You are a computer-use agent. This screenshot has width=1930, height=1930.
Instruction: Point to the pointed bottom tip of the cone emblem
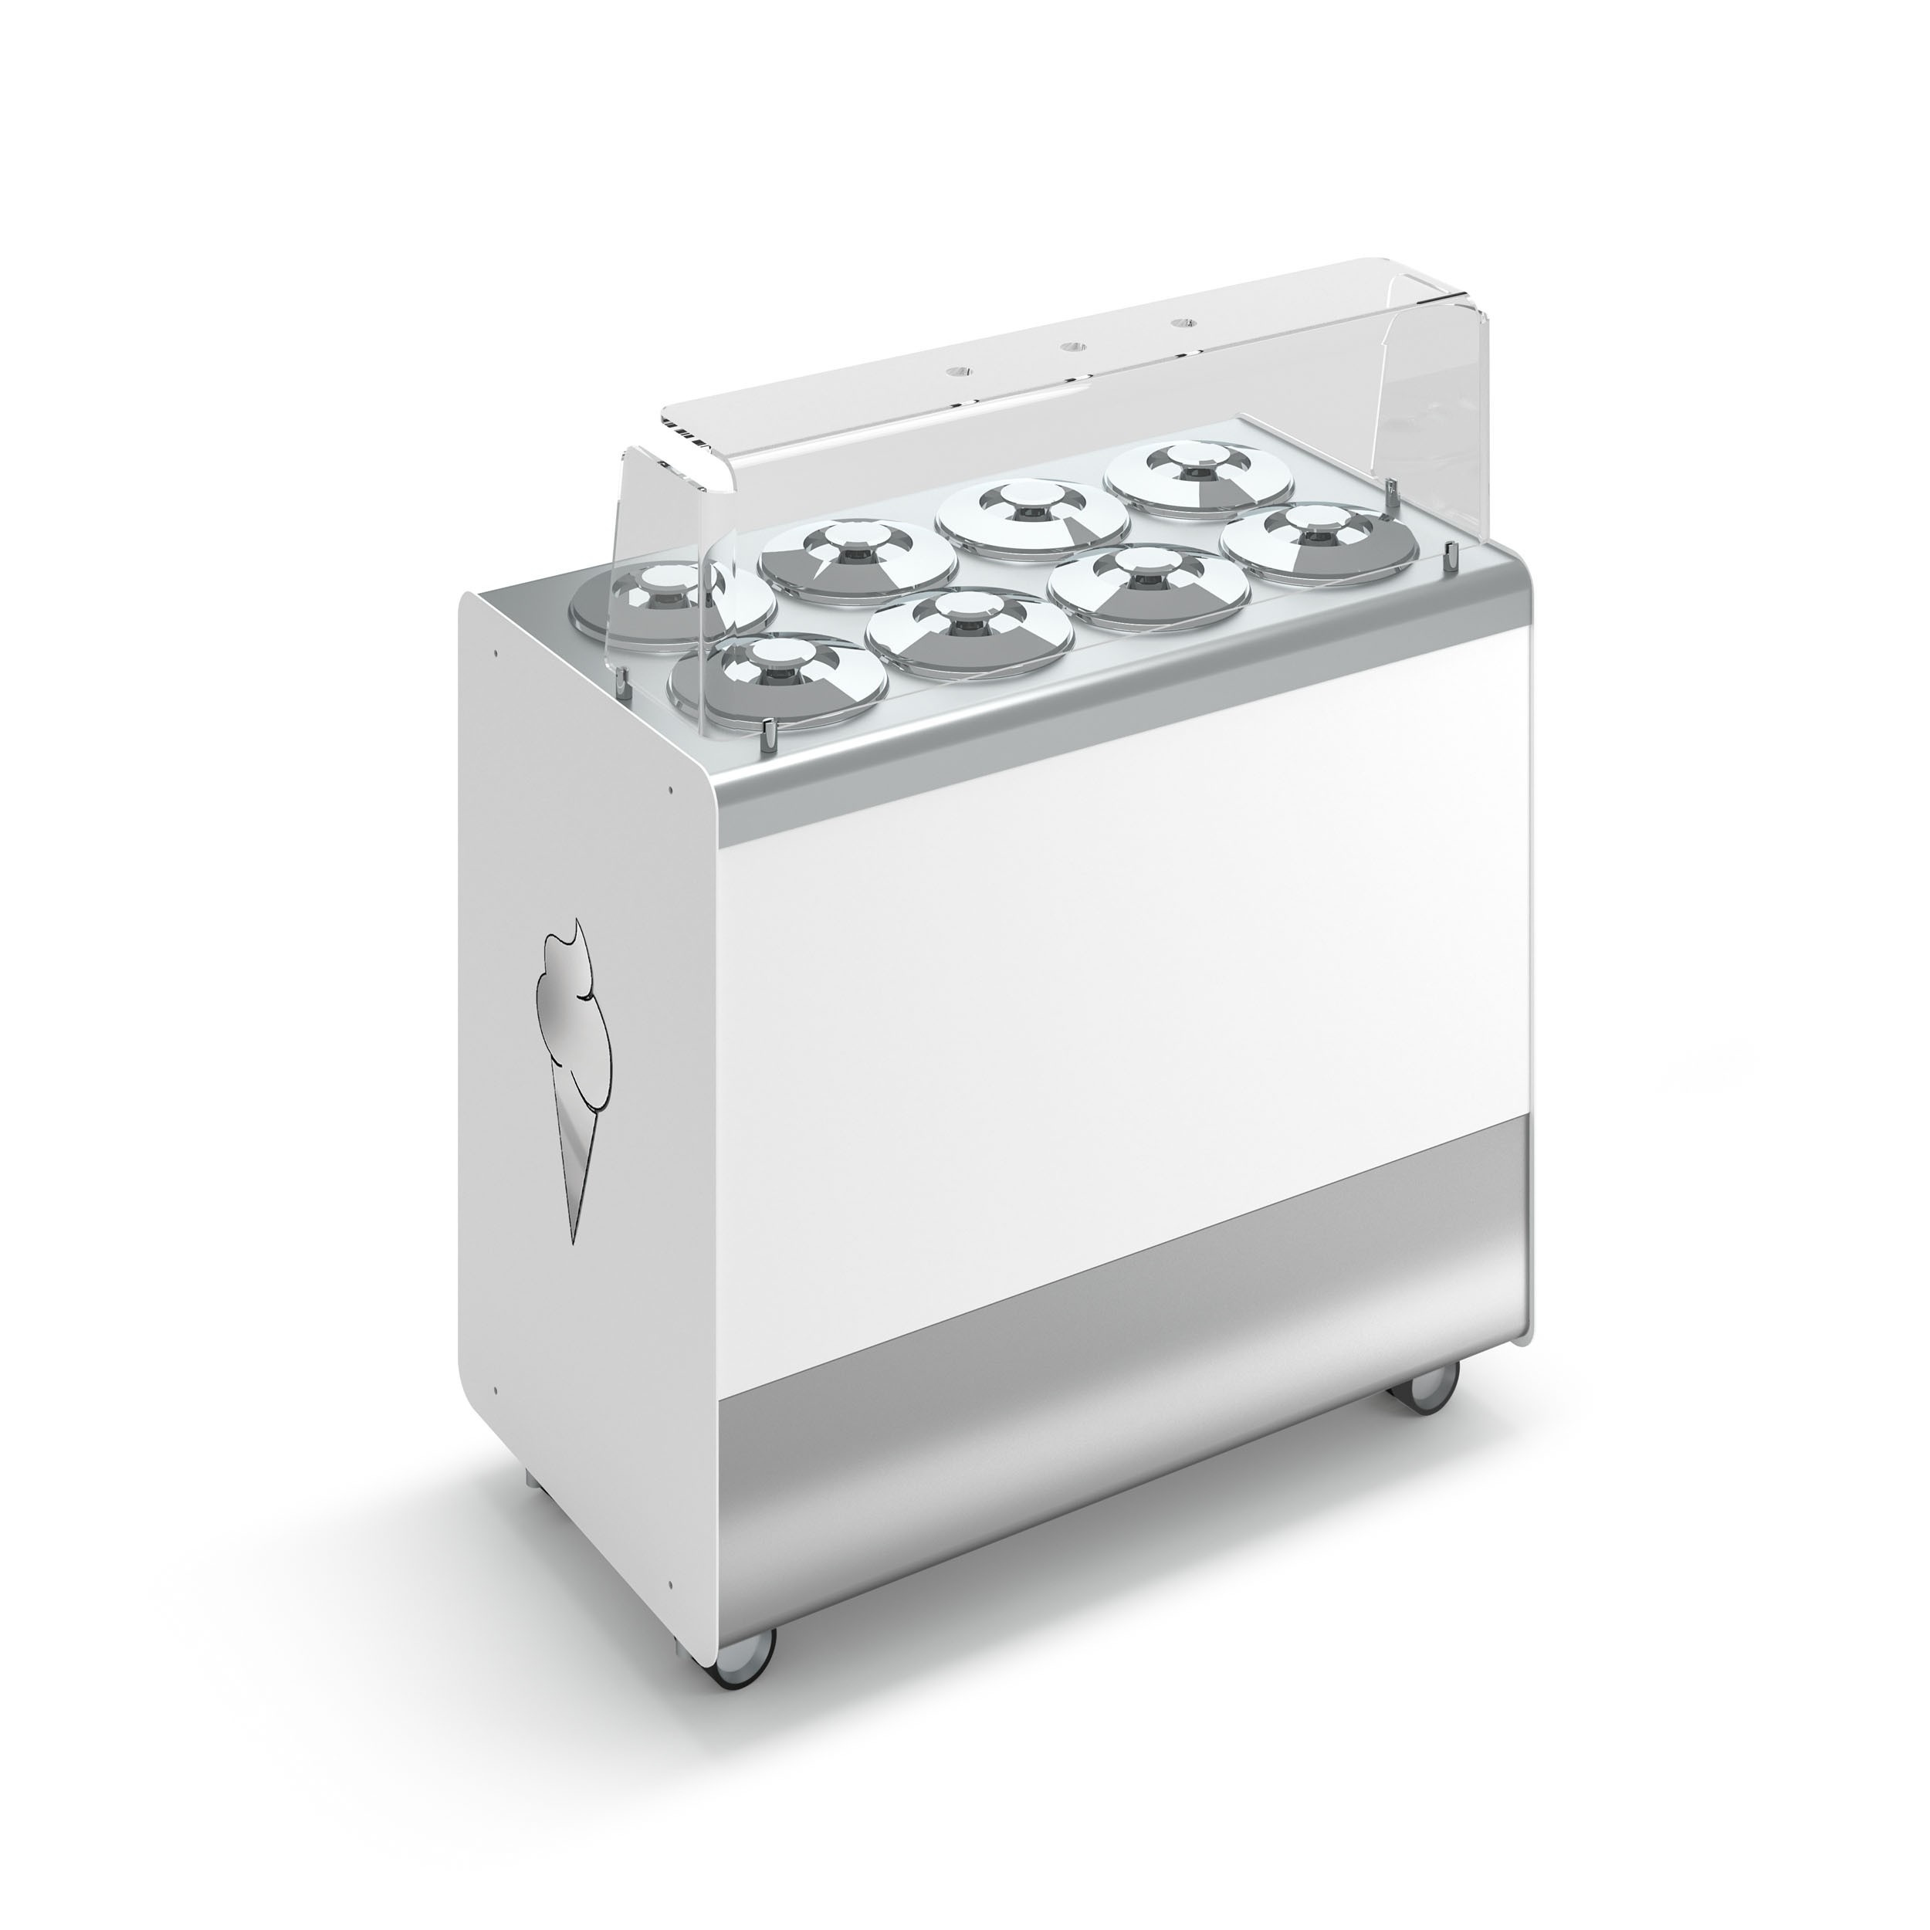tap(574, 1239)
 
